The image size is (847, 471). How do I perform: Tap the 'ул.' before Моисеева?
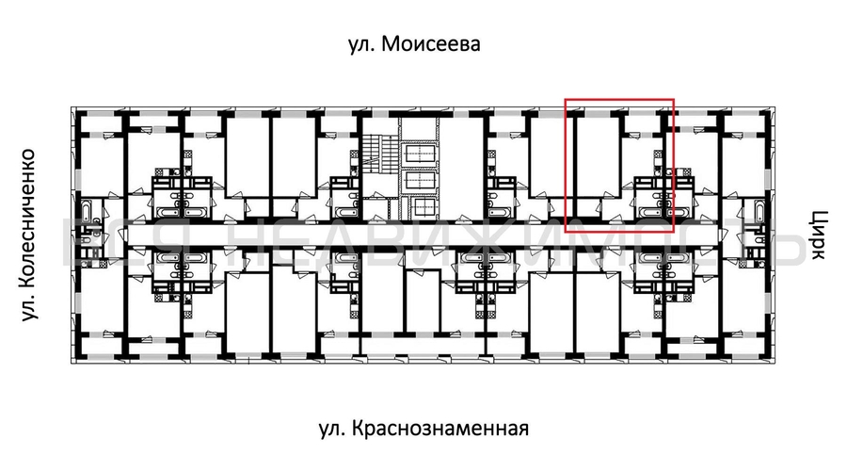(x=362, y=46)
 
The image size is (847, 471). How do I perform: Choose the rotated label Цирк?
(x=816, y=235)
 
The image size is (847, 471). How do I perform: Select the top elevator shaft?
(x=419, y=152)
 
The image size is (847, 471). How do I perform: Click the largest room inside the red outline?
(x=595, y=155)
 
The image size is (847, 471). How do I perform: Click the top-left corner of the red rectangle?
(x=565, y=99)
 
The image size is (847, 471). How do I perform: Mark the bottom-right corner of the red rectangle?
(x=674, y=231)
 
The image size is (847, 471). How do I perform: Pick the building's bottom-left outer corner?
(x=72, y=360)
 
